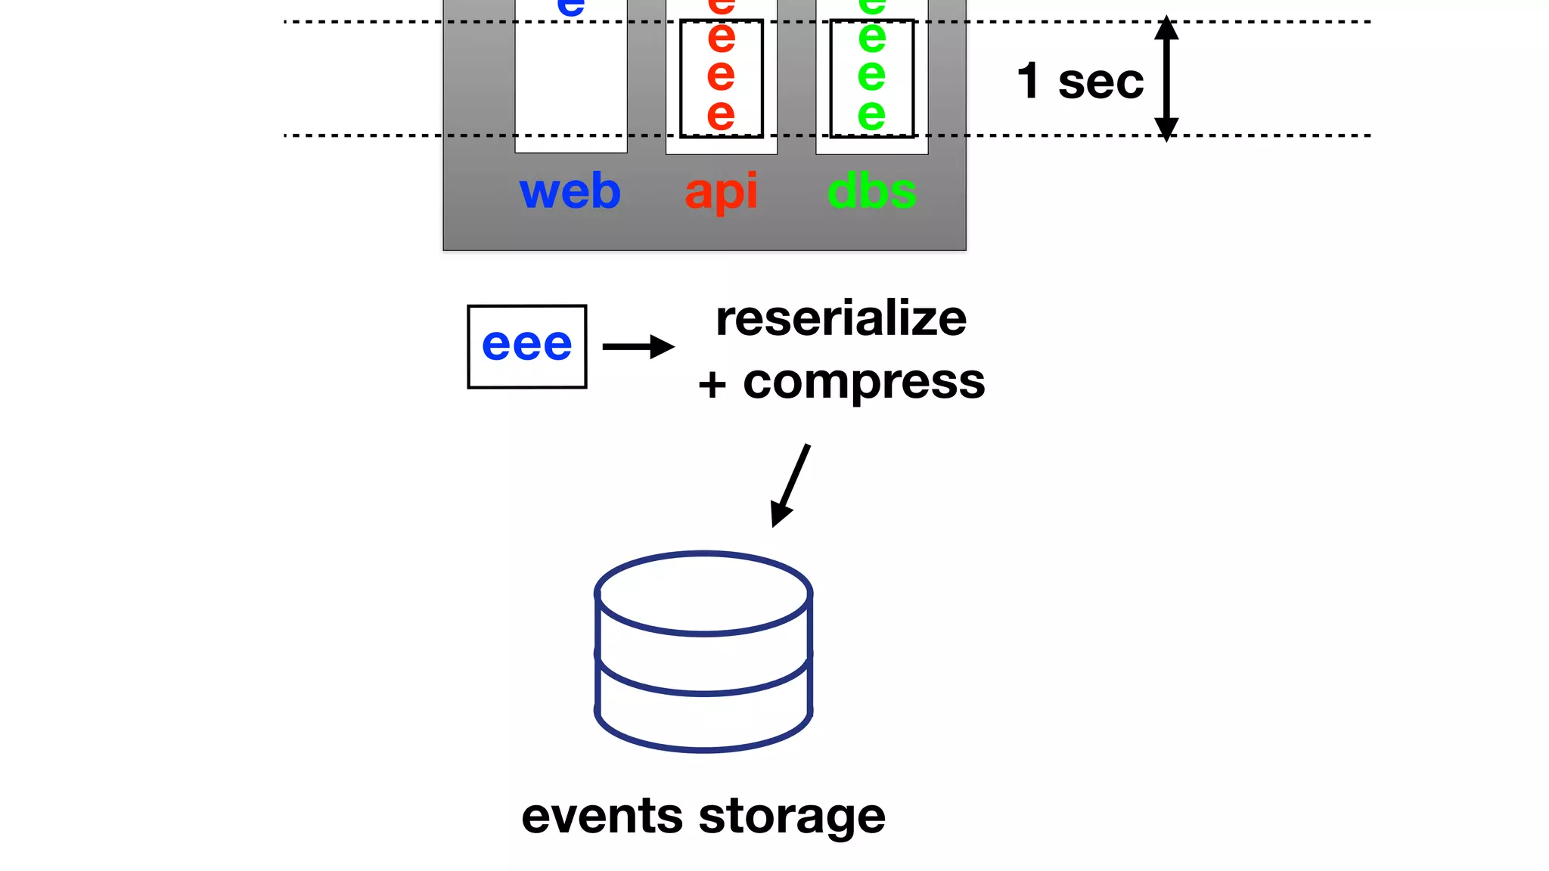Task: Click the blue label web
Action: (x=570, y=191)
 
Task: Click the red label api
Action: (x=721, y=191)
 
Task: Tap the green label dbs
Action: (x=871, y=191)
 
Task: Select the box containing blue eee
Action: (x=526, y=346)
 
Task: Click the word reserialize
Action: (x=840, y=318)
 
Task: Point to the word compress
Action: (x=864, y=382)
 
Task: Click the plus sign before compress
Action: (x=712, y=385)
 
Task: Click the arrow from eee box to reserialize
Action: (x=638, y=347)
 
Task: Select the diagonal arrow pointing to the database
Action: (x=791, y=485)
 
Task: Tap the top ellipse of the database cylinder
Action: (x=703, y=594)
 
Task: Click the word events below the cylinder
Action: (x=602, y=817)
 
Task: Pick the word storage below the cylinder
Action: (x=791, y=817)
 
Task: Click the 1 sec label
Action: (x=1079, y=81)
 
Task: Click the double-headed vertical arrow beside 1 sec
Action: (x=1166, y=79)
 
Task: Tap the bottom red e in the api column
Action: (x=721, y=115)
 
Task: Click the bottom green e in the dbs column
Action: (x=871, y=115)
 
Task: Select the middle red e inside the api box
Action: (x=721, y=75)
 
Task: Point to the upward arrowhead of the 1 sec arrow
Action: (x=1166, y=27)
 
